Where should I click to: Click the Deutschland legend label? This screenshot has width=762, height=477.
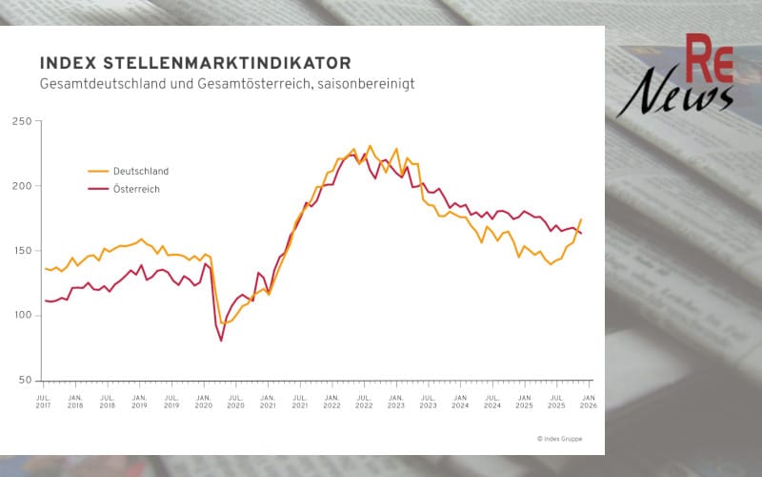141,171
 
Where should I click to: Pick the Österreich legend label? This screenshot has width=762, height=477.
136,190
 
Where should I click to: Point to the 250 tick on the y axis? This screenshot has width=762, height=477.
22,121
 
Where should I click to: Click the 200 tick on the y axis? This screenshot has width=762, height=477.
22,186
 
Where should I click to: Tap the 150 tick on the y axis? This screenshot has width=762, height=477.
22,251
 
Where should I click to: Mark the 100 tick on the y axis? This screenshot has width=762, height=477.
22,316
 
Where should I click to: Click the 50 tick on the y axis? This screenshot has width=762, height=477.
25,381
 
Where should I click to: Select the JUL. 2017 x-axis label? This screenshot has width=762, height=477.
43,401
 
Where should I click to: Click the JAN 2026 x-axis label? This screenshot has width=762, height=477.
589,401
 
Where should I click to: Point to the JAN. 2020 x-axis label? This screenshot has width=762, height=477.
203,401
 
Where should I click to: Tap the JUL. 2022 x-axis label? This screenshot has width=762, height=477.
363,401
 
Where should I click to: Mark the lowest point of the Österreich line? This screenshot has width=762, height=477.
221,341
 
